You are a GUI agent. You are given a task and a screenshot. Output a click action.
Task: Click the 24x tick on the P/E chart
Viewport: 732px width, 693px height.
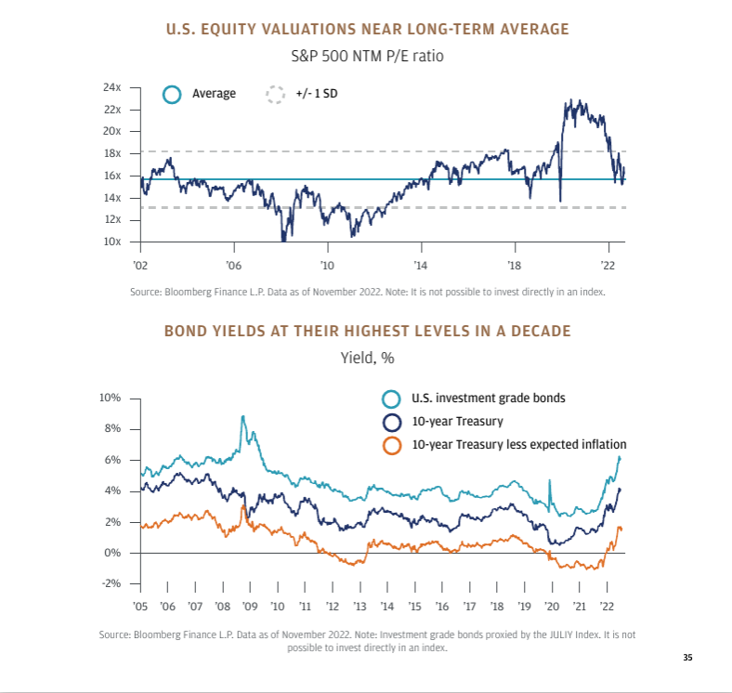click(x=112, y=87)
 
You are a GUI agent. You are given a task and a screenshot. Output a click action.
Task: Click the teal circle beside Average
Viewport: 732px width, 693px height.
click(x=171, y=94)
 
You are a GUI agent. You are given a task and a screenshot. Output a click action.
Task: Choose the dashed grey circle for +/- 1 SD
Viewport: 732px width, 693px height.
click(x=274, y=94)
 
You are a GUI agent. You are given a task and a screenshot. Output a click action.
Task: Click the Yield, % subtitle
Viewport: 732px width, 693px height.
click(x=366, y=357)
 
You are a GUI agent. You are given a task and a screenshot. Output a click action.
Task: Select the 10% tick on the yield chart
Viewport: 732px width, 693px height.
click(x=111, y=398)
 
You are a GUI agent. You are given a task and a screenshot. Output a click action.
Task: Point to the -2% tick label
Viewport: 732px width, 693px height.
click(x=111, y=583)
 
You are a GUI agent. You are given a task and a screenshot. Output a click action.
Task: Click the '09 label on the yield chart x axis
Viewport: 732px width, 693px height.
click(x=250, y=606)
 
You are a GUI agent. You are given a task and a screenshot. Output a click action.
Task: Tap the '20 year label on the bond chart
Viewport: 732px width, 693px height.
click(x=552, y=606)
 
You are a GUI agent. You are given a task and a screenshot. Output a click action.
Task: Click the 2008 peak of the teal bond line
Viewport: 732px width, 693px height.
click(x=243, y=417)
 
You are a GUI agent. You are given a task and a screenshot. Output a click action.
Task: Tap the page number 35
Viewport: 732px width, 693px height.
click(x=687, y=658)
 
